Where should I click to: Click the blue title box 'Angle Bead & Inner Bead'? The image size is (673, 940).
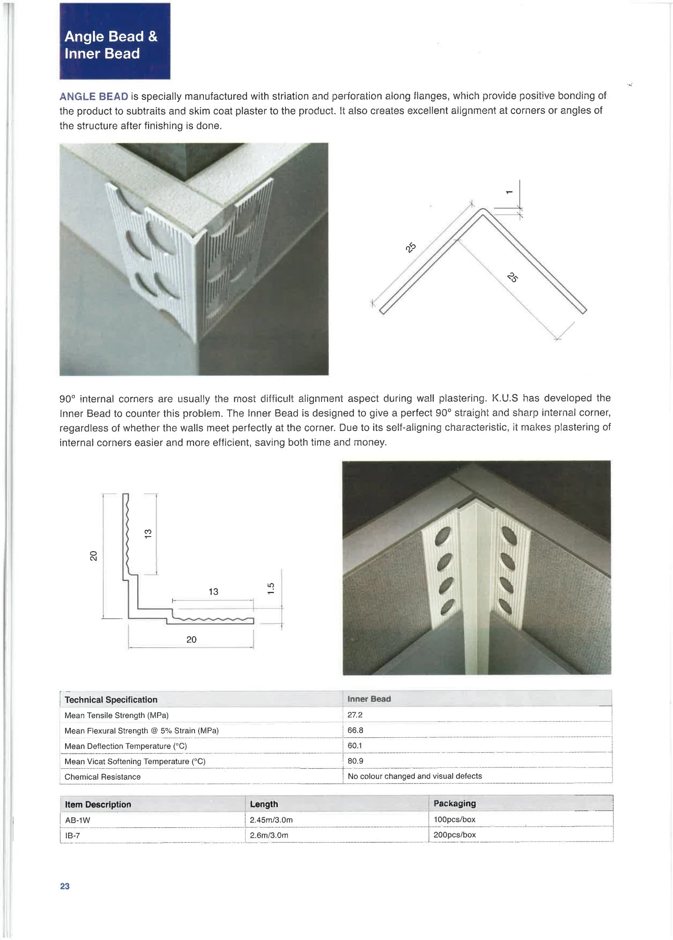point(114,41)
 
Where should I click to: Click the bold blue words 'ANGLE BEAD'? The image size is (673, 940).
point(94,97)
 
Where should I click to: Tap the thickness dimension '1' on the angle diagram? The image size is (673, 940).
point(509,192)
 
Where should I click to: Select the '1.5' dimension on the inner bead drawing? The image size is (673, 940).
point(271,589)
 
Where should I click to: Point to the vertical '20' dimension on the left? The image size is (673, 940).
point(94,555)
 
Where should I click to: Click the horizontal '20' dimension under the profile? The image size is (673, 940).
point(191,639)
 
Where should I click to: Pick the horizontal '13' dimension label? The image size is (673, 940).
point(213,592)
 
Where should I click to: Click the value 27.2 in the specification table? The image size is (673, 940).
point(355,715)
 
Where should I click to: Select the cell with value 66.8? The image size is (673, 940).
point(355,730)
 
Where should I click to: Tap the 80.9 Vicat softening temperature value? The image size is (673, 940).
point(355,761)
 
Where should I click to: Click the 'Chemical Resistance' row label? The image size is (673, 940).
point(102,777)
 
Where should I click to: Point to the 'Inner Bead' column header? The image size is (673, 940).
point(369,699)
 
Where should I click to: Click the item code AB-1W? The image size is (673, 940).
point(78,820)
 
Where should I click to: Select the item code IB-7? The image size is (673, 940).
point(72,835)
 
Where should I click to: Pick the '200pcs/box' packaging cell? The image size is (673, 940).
point(454,835)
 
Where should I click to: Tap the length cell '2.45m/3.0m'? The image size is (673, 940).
point(271,820)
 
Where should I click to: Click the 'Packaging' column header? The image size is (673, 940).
point(454,803)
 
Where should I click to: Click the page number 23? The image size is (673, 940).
point(65,886)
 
